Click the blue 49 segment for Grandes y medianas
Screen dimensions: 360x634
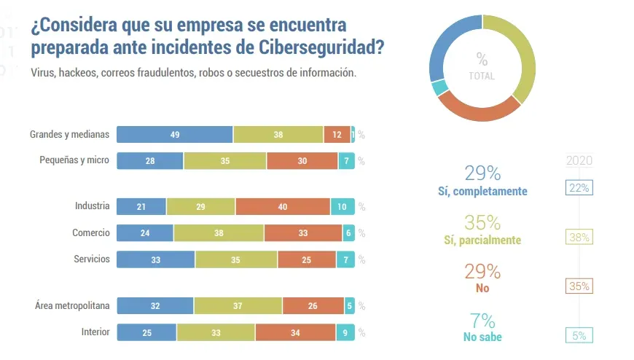click(175, 134)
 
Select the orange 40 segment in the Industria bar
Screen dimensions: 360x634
click(283, 206)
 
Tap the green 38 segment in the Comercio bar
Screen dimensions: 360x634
click(219, 233)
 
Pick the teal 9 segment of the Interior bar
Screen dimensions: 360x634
click(345, 332)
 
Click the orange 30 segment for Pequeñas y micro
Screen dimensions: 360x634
click(302, 161)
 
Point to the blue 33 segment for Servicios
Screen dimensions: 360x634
click(156, 259)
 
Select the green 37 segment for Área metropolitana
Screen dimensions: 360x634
click(238, 305)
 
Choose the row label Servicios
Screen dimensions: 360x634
click(92, 259)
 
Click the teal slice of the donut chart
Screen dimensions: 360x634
click(439, 88)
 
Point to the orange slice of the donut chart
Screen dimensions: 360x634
click(480, 110)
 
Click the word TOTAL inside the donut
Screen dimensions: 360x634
click(482, 76)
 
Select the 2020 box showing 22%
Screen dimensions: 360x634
click(579, 188)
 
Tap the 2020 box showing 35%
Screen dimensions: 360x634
click(579, 286)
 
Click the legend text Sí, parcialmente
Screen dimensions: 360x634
click(482, 240)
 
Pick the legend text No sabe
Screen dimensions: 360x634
click(482, 337)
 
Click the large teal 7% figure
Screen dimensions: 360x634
click(482, 321)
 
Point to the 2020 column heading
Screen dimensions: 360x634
click(579, 161)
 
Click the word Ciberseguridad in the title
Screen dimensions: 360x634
click(320, 48)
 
